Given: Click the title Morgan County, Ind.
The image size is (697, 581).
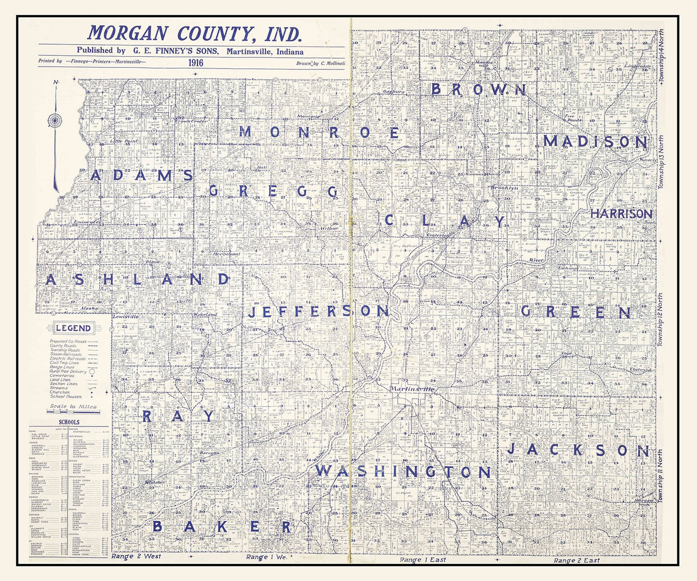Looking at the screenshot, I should pyautogui.click(x=194, y=33).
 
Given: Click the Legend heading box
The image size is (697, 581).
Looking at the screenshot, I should pyautogui.click(x=73, y=328).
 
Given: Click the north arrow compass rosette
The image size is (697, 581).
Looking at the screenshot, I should pyautogui.click(x=56, y=121).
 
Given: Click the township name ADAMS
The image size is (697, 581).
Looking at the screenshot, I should pyautogui.click(x=141, y=176).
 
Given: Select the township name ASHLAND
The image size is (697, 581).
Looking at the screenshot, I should pyautogui.click(x=137, y=280).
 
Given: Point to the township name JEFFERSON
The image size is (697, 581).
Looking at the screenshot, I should pyautogui.click(x=319, y=312).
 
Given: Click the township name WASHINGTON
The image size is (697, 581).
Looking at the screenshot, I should pyautogui.click(x=403, y=472).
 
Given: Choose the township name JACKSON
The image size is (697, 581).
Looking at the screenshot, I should pyautogui.click(x=578, y=451).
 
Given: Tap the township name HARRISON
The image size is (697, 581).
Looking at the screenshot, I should pyautogui.click(x=621, y=214).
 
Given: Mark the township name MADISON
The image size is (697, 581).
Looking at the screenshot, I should pyautogui.click(x=595, y=141).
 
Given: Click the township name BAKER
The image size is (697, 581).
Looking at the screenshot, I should pyautogui.click(x=223, y=527).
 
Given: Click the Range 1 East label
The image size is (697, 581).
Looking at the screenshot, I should pyautogui.click(x=423, y=560).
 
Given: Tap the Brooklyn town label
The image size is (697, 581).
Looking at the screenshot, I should pyautogui.click(x=504, y=188).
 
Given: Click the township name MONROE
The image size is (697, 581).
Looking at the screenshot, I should pyautogui.click(x=319, y=133).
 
